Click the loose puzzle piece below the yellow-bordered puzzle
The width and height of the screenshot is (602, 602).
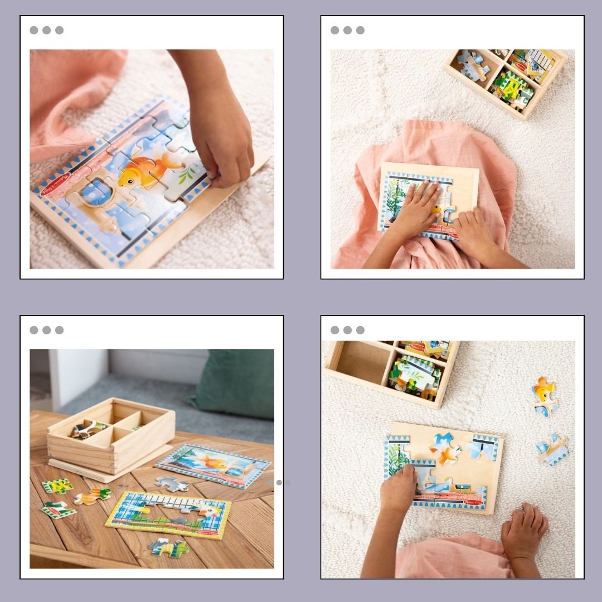pos(168,546)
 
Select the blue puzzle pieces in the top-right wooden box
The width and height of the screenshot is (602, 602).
pos(471,65)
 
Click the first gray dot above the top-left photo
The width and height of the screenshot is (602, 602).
pos(34,30)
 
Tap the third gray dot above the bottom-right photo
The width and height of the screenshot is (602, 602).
pos(360,330)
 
